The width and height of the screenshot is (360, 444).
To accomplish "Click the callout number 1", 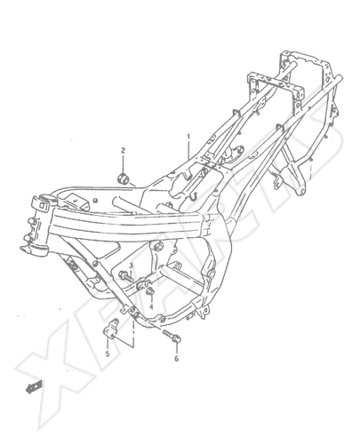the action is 188,137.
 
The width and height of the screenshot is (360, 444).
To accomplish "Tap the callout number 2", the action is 123,150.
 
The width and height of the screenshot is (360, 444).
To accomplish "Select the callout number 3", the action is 131,266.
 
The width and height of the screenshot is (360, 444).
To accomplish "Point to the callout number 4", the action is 151,306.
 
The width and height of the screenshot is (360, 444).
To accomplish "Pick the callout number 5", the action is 108,353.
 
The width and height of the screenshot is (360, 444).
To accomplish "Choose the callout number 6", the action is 176,359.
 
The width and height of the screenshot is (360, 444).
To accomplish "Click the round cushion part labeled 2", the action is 122,178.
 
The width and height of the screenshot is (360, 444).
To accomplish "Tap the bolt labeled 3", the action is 125,277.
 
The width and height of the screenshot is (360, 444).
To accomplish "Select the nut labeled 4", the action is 150,291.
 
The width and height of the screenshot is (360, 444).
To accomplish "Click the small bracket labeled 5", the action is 110,329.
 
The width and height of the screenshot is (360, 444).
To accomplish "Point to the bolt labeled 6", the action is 172,336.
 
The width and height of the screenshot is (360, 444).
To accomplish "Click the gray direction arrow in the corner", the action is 34,387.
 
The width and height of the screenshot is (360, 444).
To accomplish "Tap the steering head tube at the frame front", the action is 38,225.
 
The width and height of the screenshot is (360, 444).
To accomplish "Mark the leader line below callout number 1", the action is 188,150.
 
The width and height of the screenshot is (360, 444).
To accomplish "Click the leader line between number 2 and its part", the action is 123,163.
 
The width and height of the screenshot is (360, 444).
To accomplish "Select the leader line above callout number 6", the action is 177,348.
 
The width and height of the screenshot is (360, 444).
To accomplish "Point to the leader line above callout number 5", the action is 108,344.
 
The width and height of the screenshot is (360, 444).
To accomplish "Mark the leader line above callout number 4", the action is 151,299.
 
